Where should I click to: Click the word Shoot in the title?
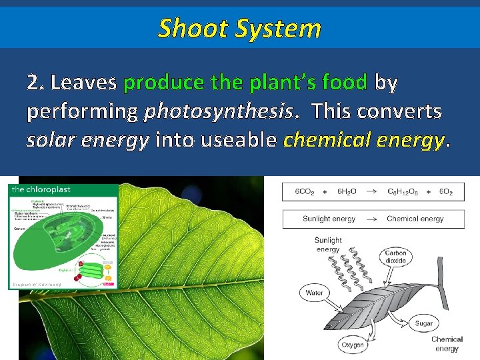pyautogui.click(x=189, y=29)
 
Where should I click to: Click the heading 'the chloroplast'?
pyautogui.click(x=41, y=189)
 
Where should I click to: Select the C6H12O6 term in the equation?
pyautogui.click(x=404, y=191)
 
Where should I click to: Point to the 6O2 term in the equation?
pyautogui.click(x=446, y=191)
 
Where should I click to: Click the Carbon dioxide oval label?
pyautogui.click(x=396, y=257)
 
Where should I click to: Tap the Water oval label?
pyautogui.click(x=315, y=293)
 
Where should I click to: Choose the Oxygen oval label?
pyautogui.click(x=353, y=345)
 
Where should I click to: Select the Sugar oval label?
pyautogui.click(x=423, y=323)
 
